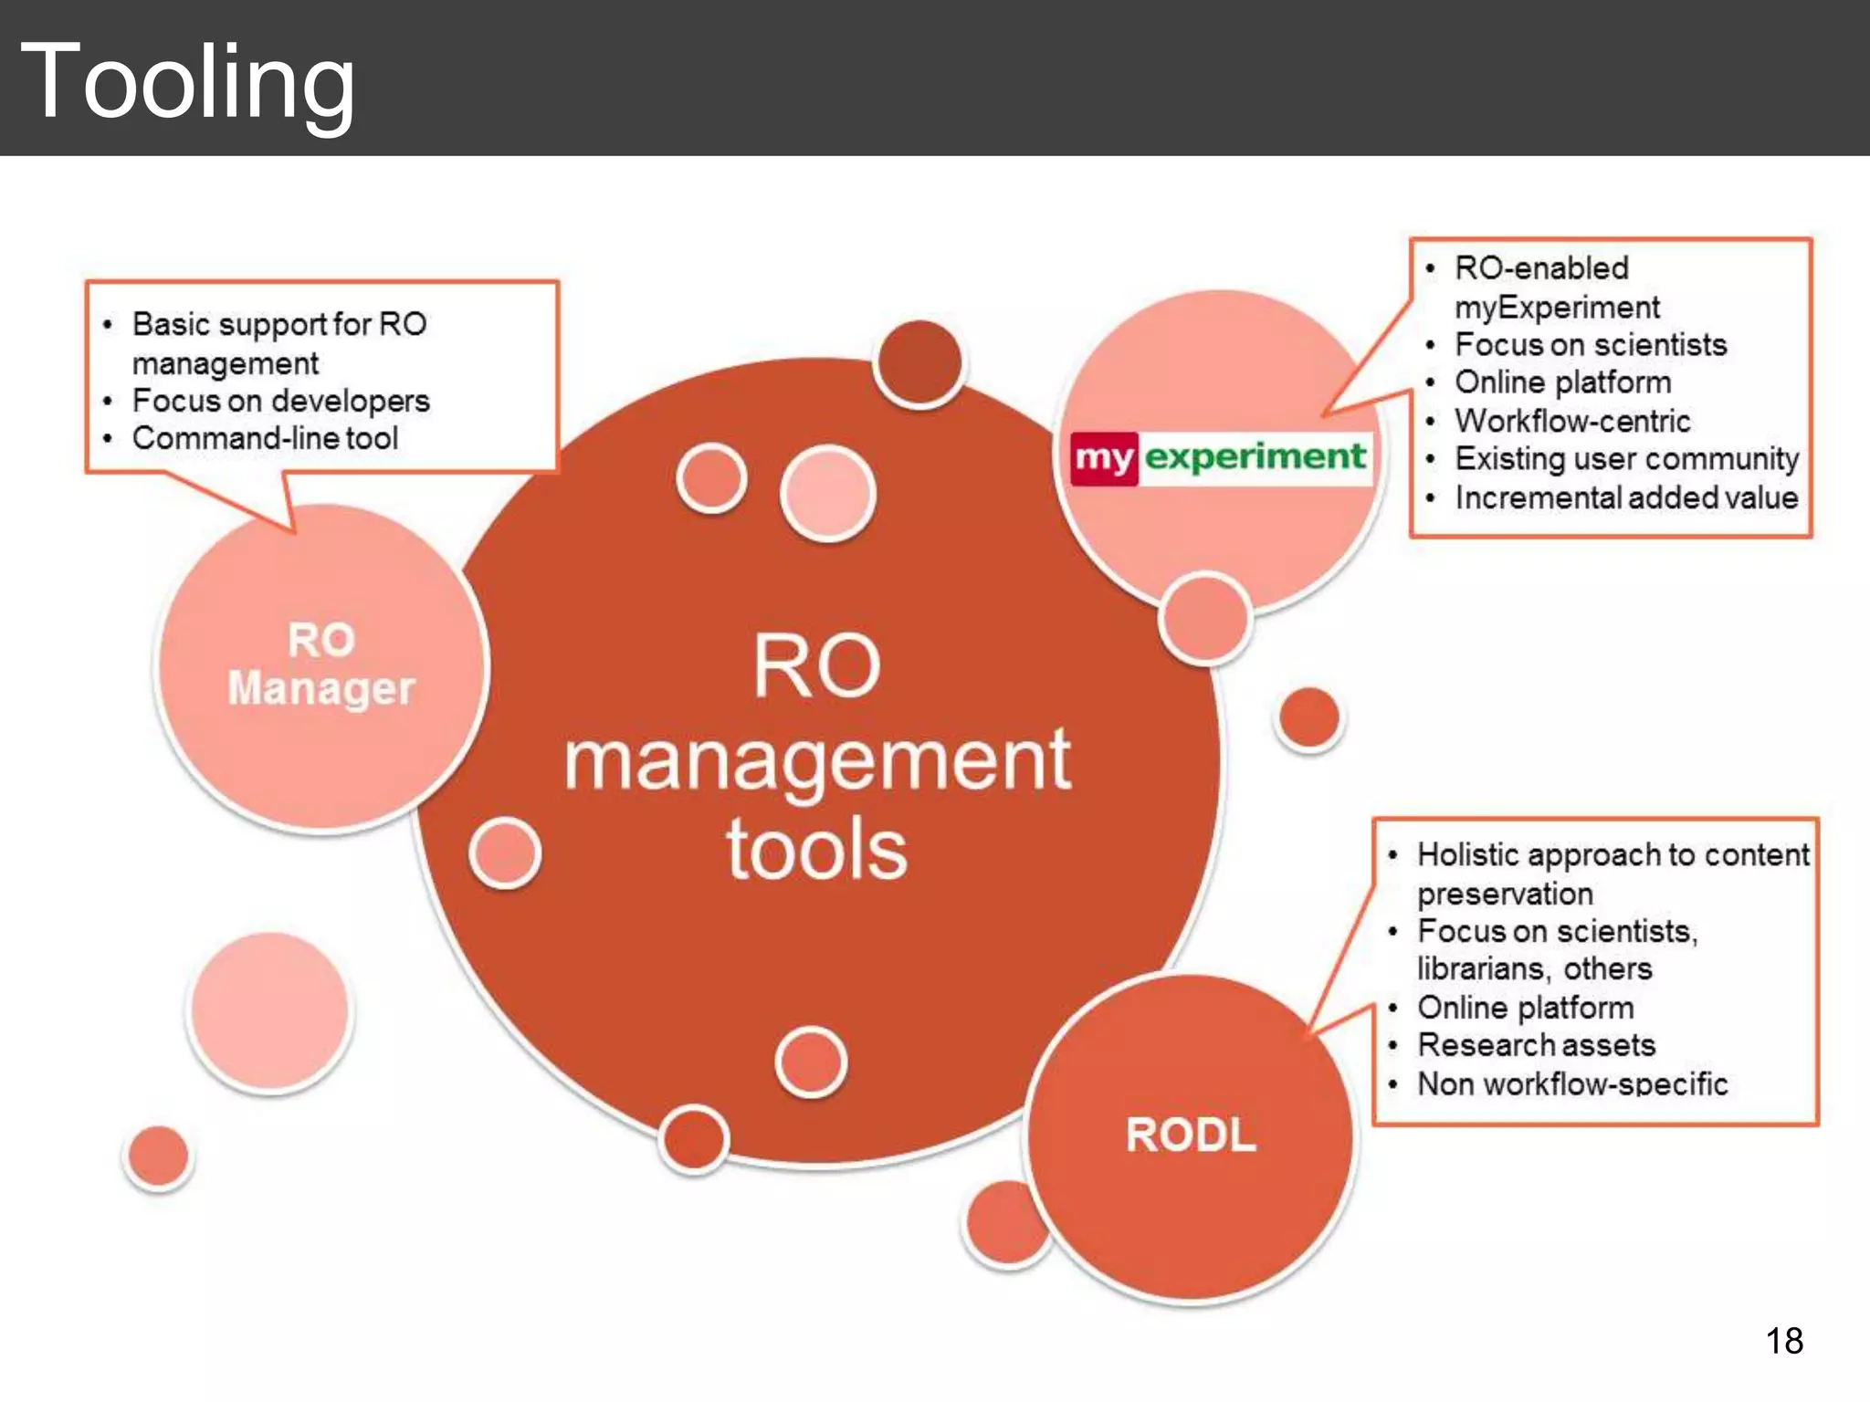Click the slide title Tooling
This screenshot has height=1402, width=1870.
[x=187, y=82]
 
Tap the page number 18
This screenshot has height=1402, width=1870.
[x=1783, y=1341]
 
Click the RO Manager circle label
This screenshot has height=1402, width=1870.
[x=320, y=664]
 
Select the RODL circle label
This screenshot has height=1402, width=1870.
[x=1191, y=1135]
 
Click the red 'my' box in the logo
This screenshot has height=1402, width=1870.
[x=1104, y=457]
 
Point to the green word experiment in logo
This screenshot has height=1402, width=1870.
[x=1255, y=455]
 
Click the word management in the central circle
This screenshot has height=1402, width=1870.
[x=816, y=762]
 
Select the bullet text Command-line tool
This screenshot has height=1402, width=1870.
[x=265, y=438]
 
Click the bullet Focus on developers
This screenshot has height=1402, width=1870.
[x=280, y=401]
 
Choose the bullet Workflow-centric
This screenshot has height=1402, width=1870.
[x=1571, y=421]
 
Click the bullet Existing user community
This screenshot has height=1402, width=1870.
[x=1626, y=458]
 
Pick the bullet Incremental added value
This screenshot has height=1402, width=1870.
[x=1625, y=497]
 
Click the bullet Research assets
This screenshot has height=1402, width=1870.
[x=1536, y=1044]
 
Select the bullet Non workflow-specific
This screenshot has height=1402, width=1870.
[x=1571, y=1083]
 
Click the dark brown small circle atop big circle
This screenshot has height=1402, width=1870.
[x=919, y=362]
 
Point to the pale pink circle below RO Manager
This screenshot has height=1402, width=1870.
[x=269, y=1010]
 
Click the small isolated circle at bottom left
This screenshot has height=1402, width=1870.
[x=158, y=1156]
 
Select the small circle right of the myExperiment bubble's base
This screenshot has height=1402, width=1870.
[x=1308, y=717]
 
